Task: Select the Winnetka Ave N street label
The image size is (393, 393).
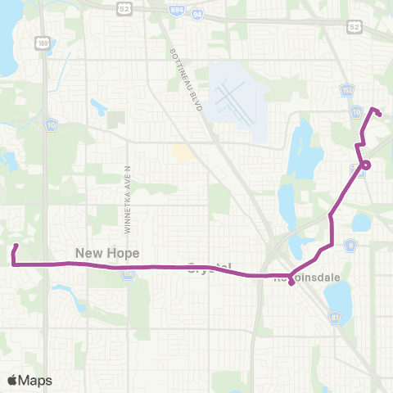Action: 129,188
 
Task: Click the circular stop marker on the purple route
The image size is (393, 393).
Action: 366,165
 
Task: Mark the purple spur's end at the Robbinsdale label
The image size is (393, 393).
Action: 292,286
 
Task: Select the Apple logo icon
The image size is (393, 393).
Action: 12,379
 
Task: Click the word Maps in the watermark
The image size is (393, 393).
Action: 35,380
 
